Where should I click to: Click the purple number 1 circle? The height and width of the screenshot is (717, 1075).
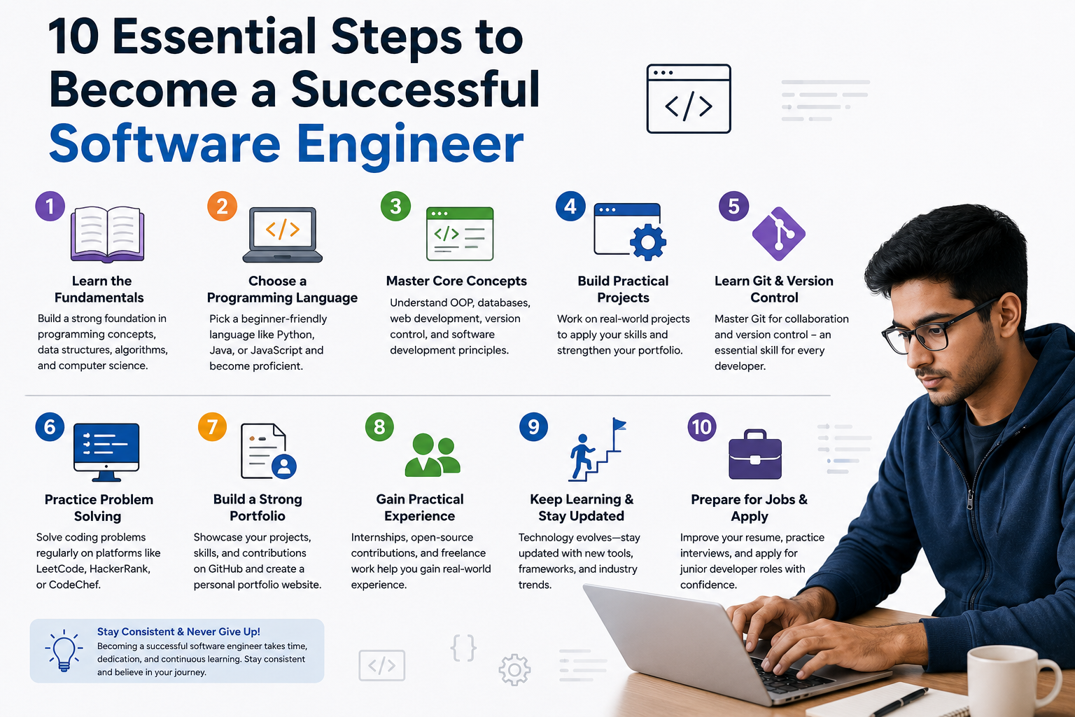tap(50, 206)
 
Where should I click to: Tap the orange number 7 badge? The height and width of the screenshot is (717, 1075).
tap(212, 426)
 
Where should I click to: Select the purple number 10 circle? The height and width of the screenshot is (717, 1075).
tap(702, 426)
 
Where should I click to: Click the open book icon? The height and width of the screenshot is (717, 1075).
tap(108, 234)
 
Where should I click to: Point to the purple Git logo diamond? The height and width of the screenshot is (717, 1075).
tap(778, 234)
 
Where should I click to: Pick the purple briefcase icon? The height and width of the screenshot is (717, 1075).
tap(755, 454)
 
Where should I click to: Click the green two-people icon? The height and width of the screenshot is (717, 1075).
tap(433, 455)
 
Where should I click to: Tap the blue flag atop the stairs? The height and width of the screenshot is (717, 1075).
tap(619, 424)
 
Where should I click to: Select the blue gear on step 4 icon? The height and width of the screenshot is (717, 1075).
tap(648, 242)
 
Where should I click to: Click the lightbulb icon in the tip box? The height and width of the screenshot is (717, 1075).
tap(64, 650)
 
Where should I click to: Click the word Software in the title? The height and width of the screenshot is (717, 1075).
tap(164, 143)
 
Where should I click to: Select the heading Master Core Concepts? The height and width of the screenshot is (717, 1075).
tap(456, 281)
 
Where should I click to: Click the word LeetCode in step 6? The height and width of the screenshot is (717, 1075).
tap(59, 569)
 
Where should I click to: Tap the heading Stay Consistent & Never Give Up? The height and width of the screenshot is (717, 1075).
tap(178, 632)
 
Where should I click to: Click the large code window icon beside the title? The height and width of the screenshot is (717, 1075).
tap(689, 99)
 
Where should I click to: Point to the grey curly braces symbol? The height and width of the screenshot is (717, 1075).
tap(463, 648)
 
